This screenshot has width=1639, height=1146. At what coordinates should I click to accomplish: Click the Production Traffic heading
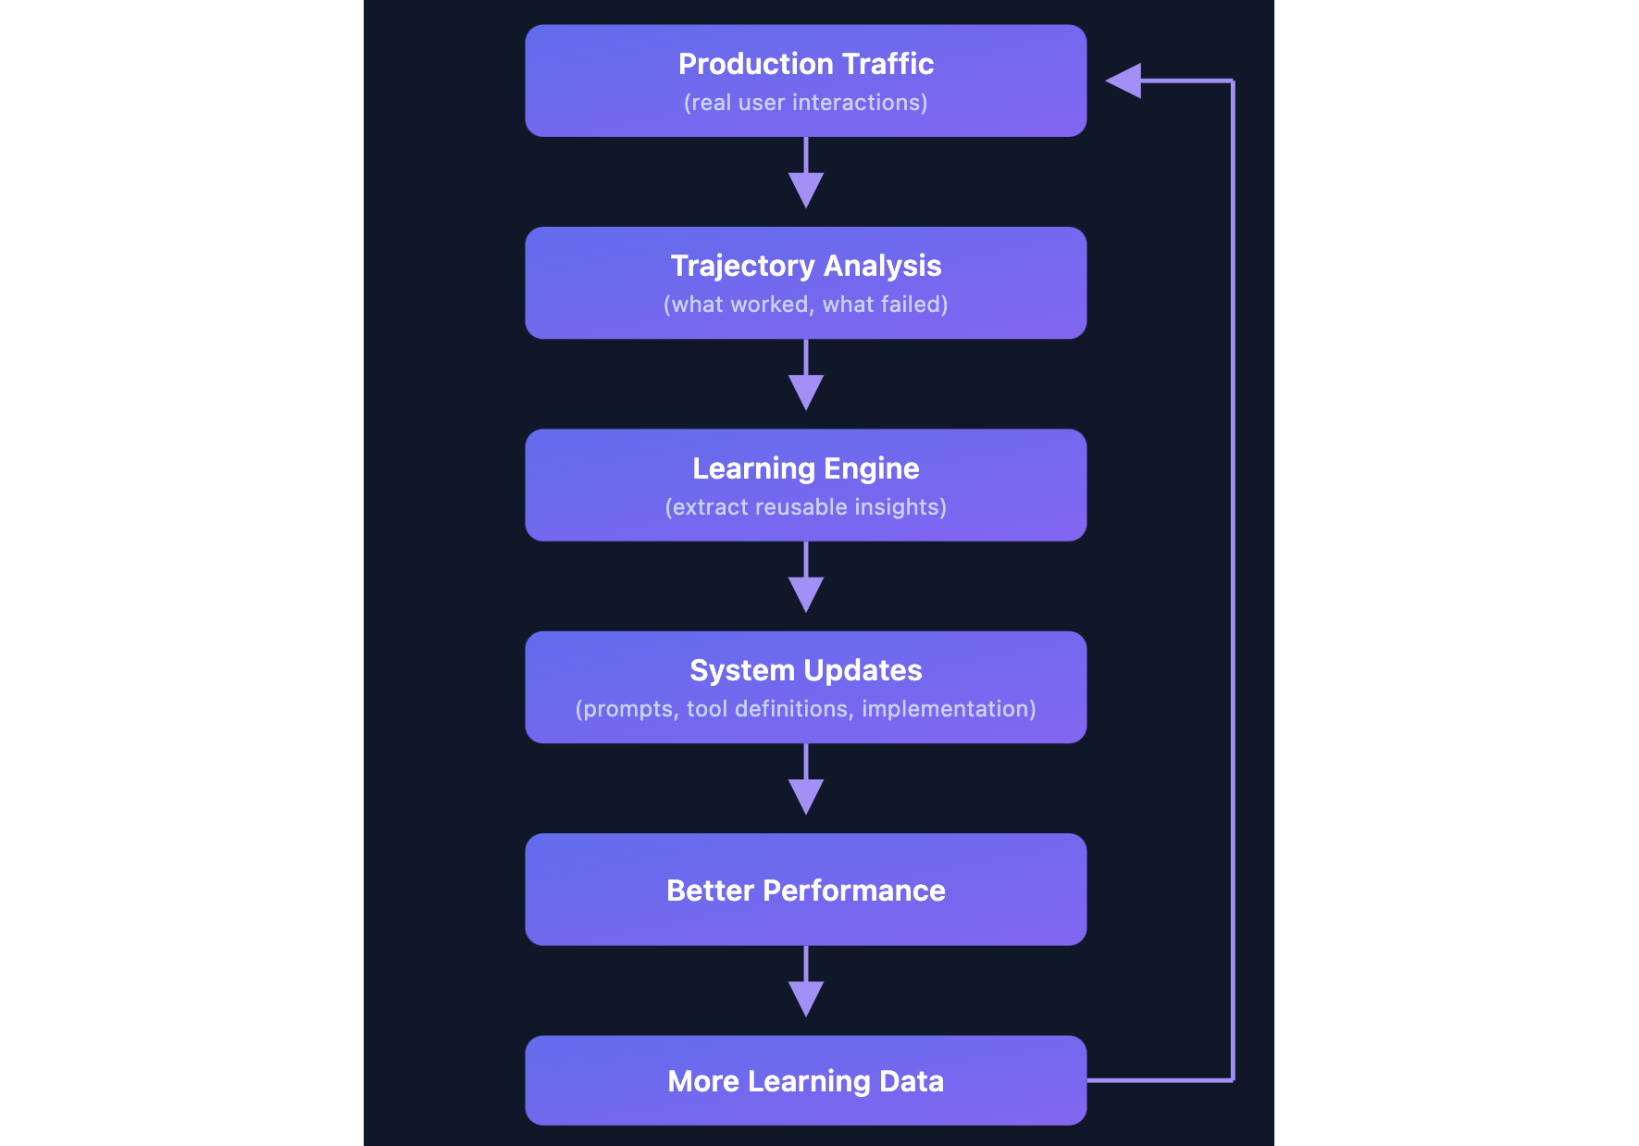click(x=805, y=64)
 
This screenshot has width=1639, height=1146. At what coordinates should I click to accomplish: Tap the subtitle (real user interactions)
click(x=805, y=103)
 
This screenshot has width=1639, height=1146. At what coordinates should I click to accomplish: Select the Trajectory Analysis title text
click(x=805, y=266)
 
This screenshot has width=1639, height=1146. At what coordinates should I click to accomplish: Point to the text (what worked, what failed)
click(x=805, y=305)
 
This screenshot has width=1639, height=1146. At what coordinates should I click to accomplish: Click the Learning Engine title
click(x=805, y=468)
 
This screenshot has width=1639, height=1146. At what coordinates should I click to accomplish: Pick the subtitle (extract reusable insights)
click(x=805, y=507)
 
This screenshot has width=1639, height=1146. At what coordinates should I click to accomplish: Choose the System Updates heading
click(x=805, y=670)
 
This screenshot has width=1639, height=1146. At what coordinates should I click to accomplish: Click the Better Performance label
click(x=805, y=891)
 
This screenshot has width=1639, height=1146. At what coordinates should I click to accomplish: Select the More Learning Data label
click(x=805, y=1081)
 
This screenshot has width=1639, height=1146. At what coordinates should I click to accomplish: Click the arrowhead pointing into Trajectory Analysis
click(x=806, y=189)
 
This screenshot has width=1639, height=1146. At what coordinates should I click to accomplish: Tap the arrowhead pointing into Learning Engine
click(x=806, y=391)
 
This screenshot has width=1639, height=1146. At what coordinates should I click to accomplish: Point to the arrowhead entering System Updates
click(x=806, y=593)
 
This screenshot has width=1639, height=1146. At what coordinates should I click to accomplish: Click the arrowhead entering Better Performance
click(x=806, y=795)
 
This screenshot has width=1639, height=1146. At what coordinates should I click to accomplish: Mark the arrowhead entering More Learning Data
click(x=806, y=998)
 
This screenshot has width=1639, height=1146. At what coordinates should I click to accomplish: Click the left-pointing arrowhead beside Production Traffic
click(x=1124, y=81)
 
